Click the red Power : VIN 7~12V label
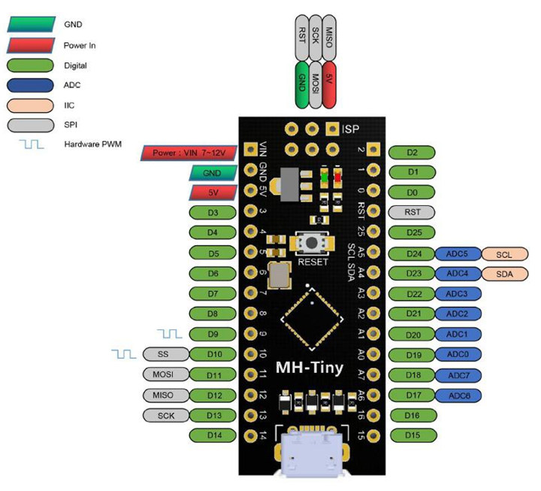click(x=189, y=153)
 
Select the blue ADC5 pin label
click(x=458, y=254)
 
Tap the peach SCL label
click(x=504, y=254)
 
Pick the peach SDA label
click(x=504, y=274)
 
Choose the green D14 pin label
click(x=213, y=435)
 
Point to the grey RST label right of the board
click(x=412, y=212)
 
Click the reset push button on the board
click(x=312, y=243)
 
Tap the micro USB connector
click(x=312, y=453)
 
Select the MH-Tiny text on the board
click(x=310, y=368)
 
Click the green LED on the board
click(x=324, y=177)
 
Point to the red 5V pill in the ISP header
click(x=329, y=85)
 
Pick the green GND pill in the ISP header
click(x=302, y=85)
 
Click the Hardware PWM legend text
click(x=93, y=144)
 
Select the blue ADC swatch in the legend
click(x=30, y=85)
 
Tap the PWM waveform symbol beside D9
click(x=169, y=334)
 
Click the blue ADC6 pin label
click(x=458, y=396)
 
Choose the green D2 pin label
click(x=412, y=153)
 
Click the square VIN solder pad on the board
click(x=251, y=150)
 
